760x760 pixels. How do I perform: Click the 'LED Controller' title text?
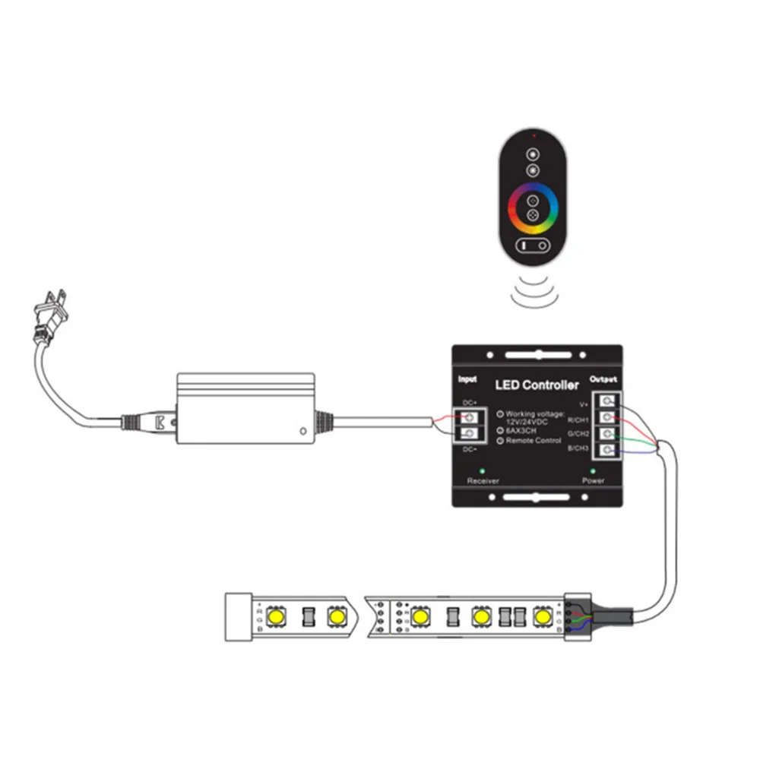[537, 385]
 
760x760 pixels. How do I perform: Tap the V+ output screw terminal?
[608, 402]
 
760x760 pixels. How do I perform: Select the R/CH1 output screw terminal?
[608, 418]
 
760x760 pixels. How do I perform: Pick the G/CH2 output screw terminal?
[608, 435]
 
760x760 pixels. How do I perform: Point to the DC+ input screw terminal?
[470, 417]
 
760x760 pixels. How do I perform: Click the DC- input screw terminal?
[470, 434]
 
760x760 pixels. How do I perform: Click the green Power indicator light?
[593, 471]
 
